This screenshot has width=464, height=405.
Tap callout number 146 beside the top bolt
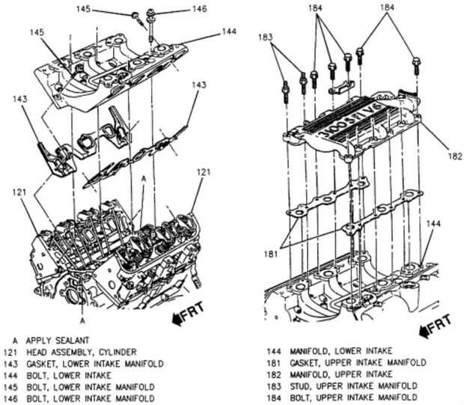click(199, 9)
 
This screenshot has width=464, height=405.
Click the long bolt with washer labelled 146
click(150, 25)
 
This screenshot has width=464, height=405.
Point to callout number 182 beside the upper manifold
click(455, 156)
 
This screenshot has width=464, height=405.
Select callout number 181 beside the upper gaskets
click(270, 254)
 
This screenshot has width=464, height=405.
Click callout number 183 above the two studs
click(265, 37)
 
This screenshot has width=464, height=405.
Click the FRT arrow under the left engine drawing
click(188, 313)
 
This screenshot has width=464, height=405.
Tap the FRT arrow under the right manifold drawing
click(436, 325)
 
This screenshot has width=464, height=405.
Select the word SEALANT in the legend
click(73, 341)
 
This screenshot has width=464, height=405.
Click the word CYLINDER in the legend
click(117, 352)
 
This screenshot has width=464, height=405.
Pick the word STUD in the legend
click(300, 386)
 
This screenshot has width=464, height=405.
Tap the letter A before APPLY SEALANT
click(15, 341)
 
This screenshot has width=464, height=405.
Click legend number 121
click(10, 353)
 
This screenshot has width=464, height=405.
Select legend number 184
click(274, 398)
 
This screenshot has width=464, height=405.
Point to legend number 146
click(10, 398)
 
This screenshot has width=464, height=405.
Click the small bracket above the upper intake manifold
click(342, 87)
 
